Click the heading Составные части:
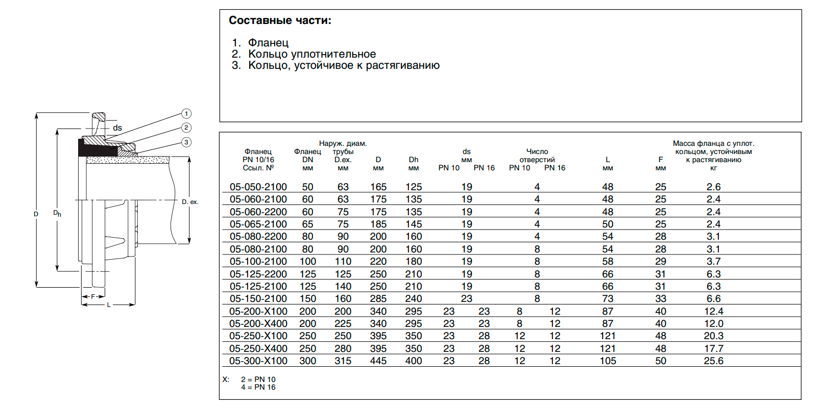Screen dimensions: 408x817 [280, 20]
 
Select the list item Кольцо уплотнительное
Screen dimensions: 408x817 [311, 54]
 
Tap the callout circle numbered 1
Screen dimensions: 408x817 [186, 114]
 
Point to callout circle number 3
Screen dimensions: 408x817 [186, 142]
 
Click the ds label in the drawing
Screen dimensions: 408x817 [117, 128]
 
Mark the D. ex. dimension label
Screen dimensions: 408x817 [190, 202]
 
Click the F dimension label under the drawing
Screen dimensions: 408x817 [93, 296]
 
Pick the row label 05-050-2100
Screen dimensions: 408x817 [258, 187]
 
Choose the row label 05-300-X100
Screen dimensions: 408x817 [258, 361]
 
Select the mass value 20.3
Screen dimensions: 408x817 [713, 336]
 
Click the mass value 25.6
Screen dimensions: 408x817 [713, 361]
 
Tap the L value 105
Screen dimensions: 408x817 [608, 361]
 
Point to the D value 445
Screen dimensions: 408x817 [378, 361]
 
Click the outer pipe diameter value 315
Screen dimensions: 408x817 [343, 361]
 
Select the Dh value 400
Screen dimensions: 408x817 [414, 361]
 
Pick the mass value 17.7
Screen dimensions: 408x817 [713, 348]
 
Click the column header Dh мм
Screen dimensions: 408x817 [414, 164]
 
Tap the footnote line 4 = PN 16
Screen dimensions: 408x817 [258, 388]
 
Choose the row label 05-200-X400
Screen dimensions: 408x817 [258, 324]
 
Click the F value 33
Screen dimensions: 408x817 [660, 299]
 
